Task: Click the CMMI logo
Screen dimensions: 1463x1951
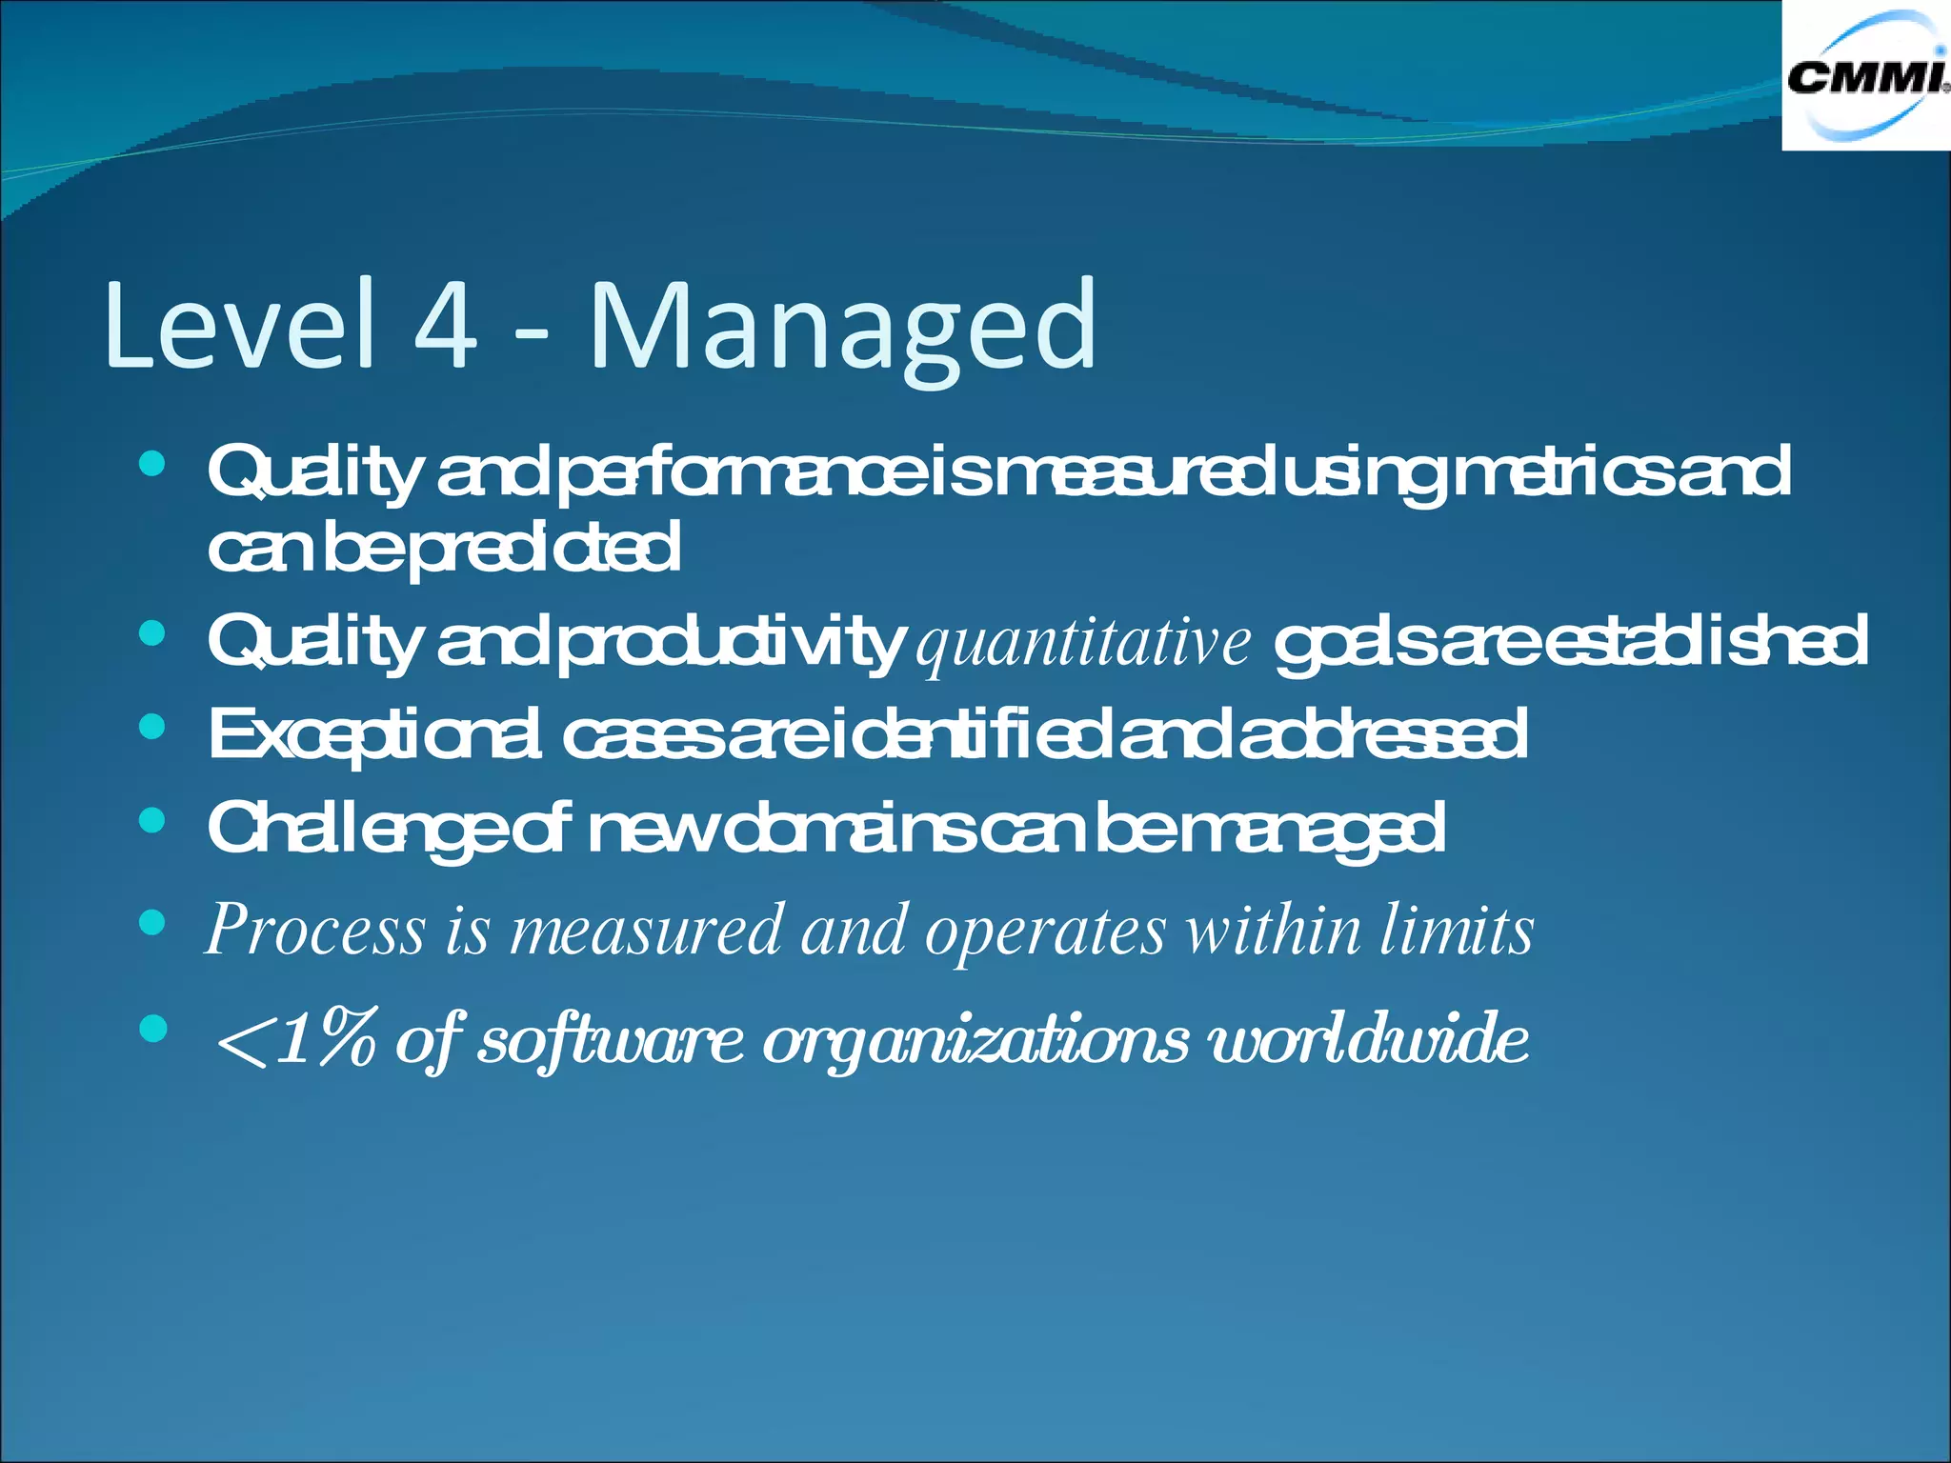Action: [x=1865, y=76]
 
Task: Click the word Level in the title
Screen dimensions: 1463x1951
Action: [x=239, y=326]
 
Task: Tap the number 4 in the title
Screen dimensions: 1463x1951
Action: [x=445, y=326]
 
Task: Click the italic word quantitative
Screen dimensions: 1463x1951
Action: [x=1083, y=644]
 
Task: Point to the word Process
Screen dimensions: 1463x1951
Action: [x=315, y=930]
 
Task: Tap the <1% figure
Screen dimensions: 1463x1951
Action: [x=296, y=1039]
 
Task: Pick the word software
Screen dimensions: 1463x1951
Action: [x=610, y=1039]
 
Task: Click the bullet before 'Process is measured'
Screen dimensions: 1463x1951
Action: [x=152, y=921]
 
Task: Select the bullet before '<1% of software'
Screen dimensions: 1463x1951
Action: [x=152, y=1028]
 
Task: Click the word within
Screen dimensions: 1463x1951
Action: [x=1273, y=930]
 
